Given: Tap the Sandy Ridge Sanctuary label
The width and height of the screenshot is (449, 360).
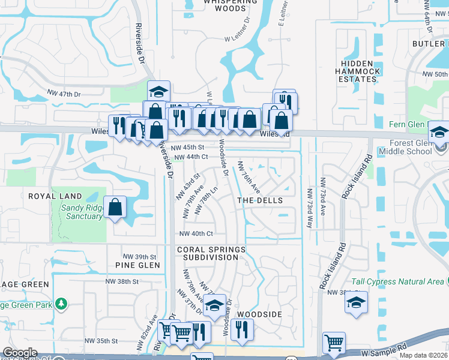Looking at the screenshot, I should point(82,212).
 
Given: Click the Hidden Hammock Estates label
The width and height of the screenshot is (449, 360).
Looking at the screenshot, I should point(361,71).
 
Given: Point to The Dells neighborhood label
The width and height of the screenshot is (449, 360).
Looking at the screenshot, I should point(260,200).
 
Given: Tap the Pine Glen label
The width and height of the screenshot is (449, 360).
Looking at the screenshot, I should point(137,265).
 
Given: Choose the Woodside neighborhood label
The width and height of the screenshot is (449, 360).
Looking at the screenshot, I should point(259,314).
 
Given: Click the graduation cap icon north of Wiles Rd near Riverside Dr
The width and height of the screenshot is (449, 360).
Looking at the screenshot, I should point(158,92).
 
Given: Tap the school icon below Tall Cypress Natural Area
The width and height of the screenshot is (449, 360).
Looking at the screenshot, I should point(356,302).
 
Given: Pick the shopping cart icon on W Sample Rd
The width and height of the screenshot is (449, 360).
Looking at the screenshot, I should point(334,343).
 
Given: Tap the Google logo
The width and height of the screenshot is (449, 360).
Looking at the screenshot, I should point(20,353).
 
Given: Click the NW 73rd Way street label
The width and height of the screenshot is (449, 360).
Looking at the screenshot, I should point(310,209).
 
